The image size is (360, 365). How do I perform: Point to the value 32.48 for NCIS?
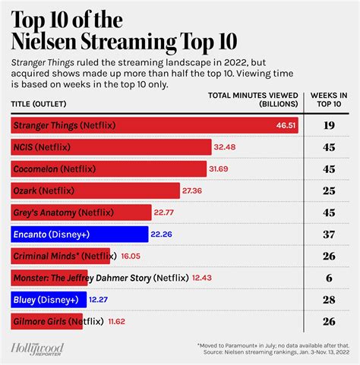point(226,146)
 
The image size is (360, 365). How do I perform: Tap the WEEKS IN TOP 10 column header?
point(330,100)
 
